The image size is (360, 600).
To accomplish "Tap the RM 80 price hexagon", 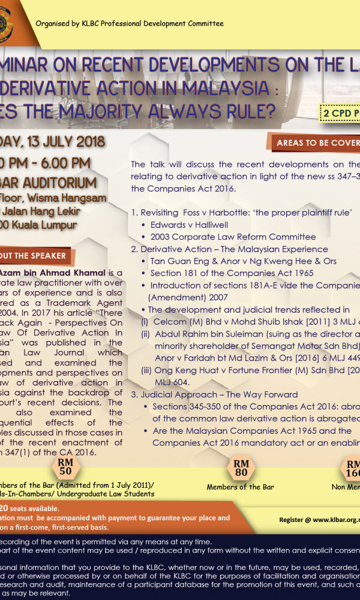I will click(241, 467).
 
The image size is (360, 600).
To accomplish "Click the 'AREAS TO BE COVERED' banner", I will click(314, 143).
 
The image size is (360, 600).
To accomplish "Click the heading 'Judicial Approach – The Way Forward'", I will click(219, 394).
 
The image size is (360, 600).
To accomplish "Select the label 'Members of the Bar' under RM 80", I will click(240, 487).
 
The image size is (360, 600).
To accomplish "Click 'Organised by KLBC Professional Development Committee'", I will click(130, 23).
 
